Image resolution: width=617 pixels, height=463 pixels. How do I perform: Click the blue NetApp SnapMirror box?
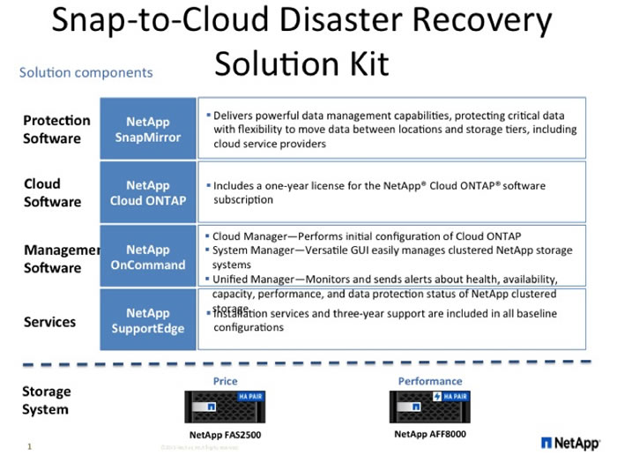[147, 129]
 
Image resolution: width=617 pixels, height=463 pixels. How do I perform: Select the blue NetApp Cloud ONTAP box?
[147, 192]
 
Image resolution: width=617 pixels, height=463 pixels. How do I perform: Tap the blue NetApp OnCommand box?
[147, 258]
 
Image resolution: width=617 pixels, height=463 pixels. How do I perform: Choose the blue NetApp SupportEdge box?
[147, 321]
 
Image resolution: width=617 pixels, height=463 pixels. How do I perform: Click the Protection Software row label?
[56, 129]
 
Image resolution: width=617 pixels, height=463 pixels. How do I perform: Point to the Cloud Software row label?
[52, 192]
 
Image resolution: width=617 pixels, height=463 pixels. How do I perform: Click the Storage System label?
[46, 400]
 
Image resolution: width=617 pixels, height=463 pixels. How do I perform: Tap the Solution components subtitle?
[85, 73]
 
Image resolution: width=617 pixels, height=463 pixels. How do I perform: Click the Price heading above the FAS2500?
[226, 381]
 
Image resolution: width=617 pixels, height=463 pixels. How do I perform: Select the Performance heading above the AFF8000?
[430, 381]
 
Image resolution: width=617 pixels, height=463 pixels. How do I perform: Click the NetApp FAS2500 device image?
[226, 407]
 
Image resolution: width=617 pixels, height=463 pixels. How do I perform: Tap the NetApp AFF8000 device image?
[430, 407]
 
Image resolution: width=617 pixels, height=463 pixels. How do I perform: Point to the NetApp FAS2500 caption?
[226, 435]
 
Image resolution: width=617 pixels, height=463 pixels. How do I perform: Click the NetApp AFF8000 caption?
[430, 434]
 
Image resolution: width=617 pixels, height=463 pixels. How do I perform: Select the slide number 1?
[29, 446]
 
